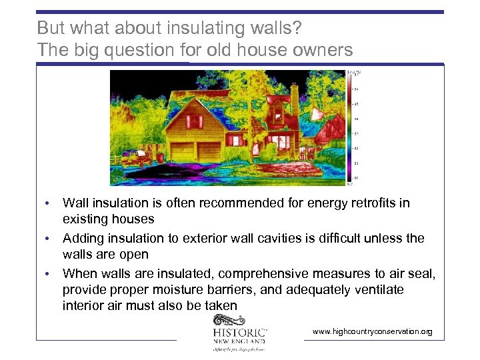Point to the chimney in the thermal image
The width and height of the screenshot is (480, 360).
[293, 100]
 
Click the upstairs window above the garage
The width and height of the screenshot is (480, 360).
[194, 121]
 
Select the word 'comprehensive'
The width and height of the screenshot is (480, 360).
[251, 274]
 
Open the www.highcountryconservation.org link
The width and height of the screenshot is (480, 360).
[372, 331]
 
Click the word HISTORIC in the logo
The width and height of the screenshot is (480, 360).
[240, 332]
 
